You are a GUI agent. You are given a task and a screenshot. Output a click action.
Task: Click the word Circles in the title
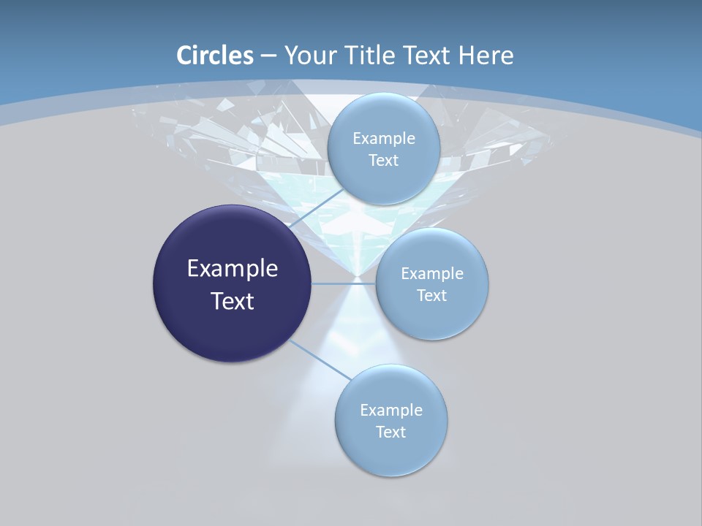[214, 56]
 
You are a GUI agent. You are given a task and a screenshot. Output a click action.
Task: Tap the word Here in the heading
[486, 56]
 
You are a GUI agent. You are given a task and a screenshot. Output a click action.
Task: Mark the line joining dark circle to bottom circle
[318, 359]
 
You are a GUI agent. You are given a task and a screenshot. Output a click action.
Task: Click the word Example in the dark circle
[233, 269]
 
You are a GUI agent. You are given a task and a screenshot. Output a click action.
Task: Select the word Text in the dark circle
[233, 301]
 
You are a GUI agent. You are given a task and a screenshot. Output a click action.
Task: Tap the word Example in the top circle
[384, 139]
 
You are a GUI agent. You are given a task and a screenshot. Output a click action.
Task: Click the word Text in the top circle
[383, 161]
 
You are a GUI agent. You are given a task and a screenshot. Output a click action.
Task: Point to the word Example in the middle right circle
[432, 274]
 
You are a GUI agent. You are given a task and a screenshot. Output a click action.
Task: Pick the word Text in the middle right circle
[431, 296]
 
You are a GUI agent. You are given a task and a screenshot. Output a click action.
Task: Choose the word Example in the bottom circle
[391, 411]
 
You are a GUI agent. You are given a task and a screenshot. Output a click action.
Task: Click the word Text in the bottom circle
[390, 432]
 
